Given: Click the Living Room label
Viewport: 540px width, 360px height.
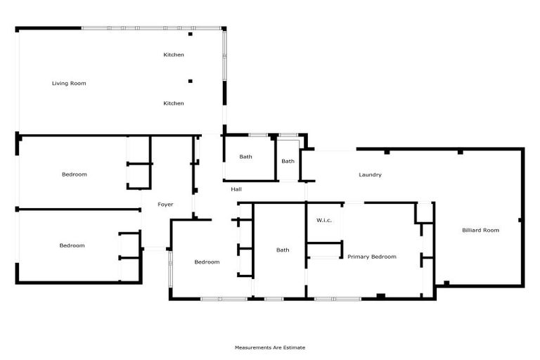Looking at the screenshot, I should tap(69, 83).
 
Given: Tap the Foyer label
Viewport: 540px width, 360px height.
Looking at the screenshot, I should tap(165, 205).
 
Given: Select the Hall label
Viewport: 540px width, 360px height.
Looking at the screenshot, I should tap(236, 189).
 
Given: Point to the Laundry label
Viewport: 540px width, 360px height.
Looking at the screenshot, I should tap(370, 174).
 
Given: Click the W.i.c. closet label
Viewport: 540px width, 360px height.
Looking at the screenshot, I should tap(324, 221).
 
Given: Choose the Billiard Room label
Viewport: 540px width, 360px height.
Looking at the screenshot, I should tap(480, 230).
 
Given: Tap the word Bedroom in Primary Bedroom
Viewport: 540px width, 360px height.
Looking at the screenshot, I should tap(383, 257).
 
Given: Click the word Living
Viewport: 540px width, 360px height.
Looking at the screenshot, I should tap(60, 83).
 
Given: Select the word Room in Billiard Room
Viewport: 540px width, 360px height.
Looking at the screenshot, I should tap(491, 230).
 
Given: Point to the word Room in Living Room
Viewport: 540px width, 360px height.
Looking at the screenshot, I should tap(77, 83).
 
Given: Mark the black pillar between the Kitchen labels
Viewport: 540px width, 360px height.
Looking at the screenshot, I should tap(190, 81).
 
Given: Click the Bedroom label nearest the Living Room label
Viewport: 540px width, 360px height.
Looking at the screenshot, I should tap(74, 174).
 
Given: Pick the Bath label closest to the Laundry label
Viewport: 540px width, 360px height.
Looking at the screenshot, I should tap(288, 161).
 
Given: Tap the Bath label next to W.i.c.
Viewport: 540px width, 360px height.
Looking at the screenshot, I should tap(283, 250).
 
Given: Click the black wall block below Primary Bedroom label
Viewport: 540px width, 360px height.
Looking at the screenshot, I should tap(380, 296).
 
